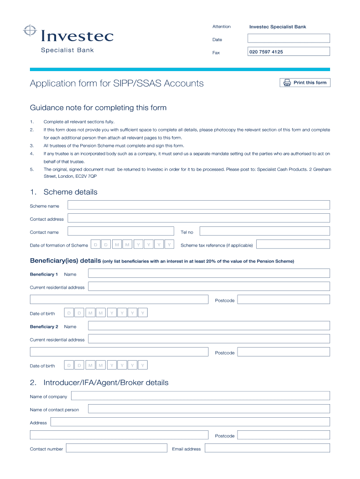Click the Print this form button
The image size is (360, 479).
pos(305,83)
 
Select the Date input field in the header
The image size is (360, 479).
pos(288,38)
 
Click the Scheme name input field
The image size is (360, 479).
pos(199,205)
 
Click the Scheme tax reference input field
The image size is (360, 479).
pos(293,244)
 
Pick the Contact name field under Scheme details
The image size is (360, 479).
pos(121,231)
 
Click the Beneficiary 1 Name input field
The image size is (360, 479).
pos(209,273)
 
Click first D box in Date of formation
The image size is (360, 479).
pos(95,244)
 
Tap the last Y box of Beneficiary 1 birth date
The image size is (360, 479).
pos(143,313)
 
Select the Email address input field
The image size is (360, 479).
pos(267,448)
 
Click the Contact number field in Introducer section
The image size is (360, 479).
pos(116,448)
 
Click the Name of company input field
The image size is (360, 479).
pos(200,396)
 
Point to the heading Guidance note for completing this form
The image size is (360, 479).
pos(98,108)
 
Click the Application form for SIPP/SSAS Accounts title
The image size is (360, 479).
pos(117,84)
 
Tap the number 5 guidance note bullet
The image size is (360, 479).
pos(32,169)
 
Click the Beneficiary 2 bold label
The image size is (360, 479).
pos(44,327)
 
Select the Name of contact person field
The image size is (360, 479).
pos(209,409)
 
